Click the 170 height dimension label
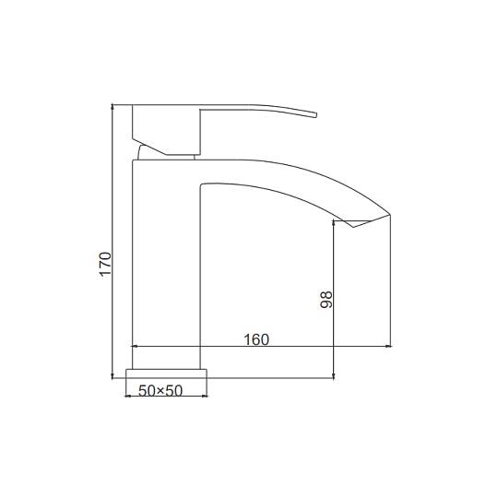(105, 264)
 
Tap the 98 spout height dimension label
(326, 300)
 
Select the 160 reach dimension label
(256, 339)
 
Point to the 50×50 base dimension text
(160, 391)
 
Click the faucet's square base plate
(166, 373)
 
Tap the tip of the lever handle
(316, 114)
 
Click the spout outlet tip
(389, 215)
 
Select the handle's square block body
(166, 130)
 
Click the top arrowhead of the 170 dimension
(113, 106)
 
